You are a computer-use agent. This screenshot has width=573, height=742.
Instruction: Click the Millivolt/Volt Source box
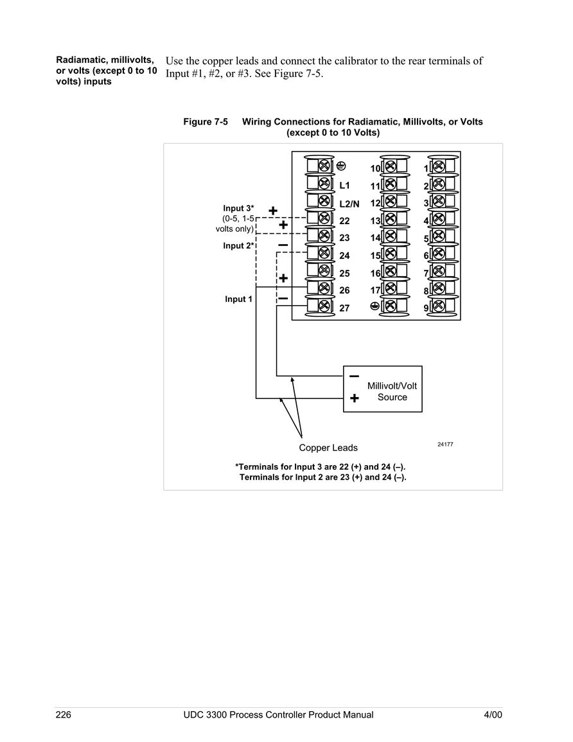coord(382,389)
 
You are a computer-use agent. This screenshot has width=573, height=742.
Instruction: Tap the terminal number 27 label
coord(344,308)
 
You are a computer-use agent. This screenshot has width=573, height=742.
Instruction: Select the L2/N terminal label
coord(349,204)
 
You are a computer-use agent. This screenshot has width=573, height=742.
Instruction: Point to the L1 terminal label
coord(344,186)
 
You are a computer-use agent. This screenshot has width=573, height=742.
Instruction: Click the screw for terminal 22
coord(324,218)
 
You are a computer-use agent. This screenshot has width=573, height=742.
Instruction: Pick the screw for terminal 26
coord(324,288)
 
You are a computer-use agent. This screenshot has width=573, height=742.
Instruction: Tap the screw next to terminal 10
coord(391,166)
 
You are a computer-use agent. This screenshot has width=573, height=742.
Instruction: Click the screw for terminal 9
coord(439,306)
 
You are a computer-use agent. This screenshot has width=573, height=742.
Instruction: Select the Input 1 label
coord(238,299)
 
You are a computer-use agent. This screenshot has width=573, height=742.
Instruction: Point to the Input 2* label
coord(239,245)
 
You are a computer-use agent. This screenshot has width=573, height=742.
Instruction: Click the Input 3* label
coord(238,208)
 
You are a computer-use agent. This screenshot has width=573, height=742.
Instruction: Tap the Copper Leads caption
coord(328,448)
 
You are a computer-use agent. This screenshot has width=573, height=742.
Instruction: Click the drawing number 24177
coord(445,445)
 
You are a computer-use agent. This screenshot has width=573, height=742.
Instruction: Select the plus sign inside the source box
coord(355,398)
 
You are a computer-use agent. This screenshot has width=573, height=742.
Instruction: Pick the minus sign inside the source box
coord(354,376)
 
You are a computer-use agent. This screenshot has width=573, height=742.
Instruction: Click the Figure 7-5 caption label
coord(206,121)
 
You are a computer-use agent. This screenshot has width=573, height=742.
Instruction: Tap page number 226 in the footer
coord(64,714)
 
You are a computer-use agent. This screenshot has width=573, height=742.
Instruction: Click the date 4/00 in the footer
coord(493,714)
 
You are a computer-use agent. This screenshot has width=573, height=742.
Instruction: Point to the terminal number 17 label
coord(375,290)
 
